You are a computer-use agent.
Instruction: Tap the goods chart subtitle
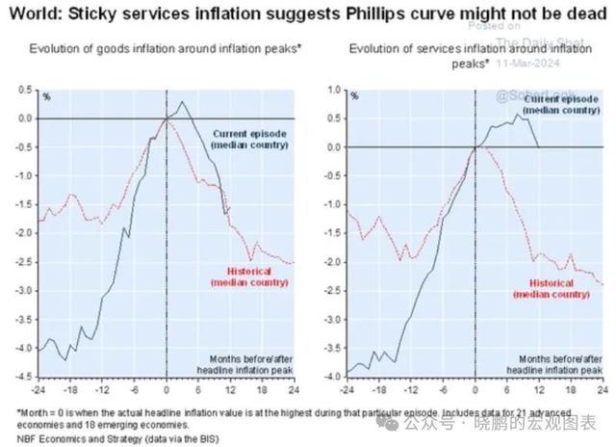click(166, 48)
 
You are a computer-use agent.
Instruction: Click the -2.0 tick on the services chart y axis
click(333, 261)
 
